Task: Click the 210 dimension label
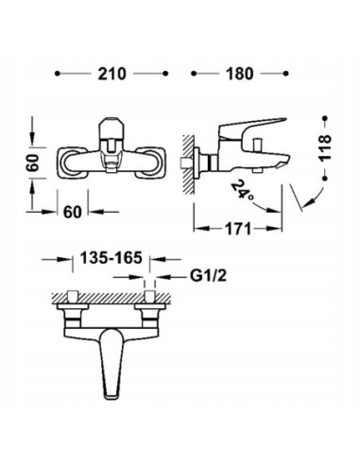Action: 111,74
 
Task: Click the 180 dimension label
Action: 239,74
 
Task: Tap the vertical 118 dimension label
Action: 325,148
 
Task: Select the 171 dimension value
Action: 238,229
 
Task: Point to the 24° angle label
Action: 242,189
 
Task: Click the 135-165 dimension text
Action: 111,258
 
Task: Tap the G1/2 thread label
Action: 208,276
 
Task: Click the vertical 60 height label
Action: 33,163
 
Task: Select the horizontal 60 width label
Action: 73,212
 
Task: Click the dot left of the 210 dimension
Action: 57,74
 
